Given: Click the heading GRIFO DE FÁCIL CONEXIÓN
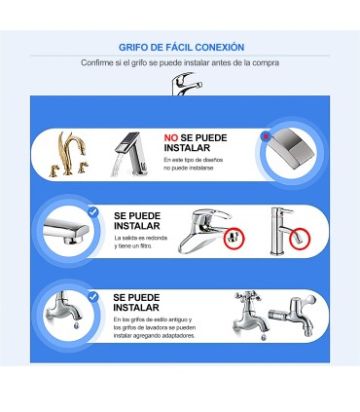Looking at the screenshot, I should (x=180, y=47).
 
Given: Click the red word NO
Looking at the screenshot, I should (x=170, y=138).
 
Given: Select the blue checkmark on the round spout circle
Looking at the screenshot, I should (x=92, y=211).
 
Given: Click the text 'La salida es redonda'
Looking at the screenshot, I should (x=140, y=239).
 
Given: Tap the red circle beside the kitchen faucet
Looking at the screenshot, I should (x=233, y=238).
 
